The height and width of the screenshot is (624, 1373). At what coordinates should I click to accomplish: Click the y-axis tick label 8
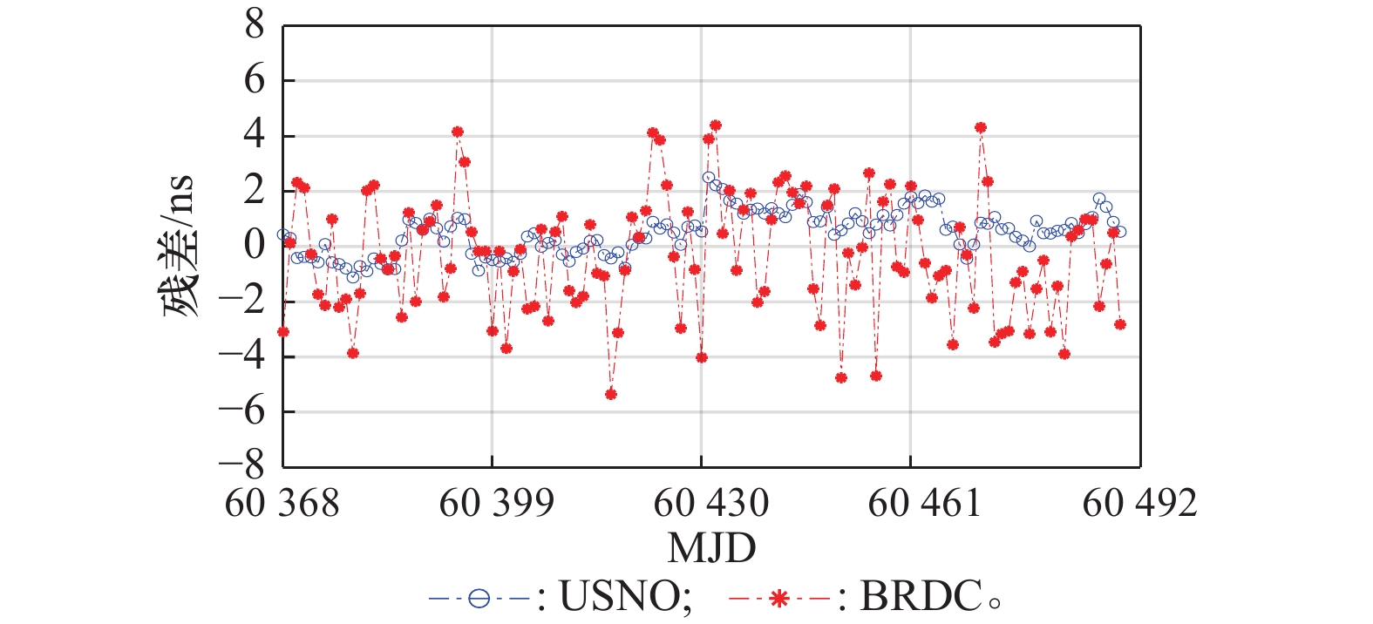click(254, 26)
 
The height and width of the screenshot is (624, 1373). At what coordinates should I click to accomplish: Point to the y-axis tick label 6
click(254, 81)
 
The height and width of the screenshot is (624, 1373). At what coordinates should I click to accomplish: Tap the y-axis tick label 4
click(254, 136)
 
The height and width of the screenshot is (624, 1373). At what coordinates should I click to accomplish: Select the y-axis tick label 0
click(254, 246)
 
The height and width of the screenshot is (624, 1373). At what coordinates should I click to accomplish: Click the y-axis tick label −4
click(241, 356)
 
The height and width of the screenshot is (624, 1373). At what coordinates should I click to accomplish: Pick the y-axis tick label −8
click(241, 465)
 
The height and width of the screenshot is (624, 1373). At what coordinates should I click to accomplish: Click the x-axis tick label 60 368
click(282, 503)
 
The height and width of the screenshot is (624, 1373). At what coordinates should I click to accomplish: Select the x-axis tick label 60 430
click(710, 503)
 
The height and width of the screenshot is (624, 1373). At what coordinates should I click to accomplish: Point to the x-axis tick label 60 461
click(925, 503)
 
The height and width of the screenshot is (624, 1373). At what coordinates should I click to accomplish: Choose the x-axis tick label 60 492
click(1139, 503)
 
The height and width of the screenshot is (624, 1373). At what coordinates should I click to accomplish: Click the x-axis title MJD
click(711, 548)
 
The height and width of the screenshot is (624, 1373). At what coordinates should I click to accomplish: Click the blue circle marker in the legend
click(479, 599)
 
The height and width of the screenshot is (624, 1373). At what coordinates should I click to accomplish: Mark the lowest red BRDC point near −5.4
click(611, 394)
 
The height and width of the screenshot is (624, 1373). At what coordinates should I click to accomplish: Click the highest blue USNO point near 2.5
click(709, 177)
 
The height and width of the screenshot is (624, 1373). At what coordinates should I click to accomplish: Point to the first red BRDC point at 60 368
click(283, 332)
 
